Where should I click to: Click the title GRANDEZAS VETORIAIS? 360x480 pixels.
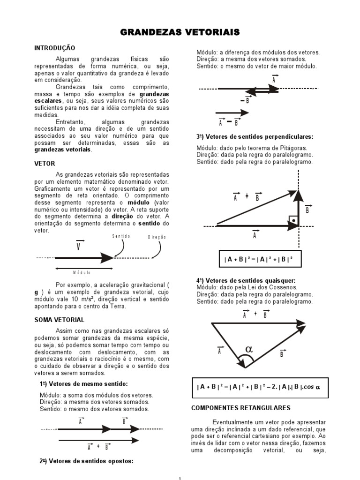click(x=180, y=32)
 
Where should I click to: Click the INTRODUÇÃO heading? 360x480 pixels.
click(x=54, y=48)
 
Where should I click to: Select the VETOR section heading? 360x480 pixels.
click(x=45, y=164)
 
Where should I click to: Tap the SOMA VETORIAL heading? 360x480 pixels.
click(x=59, y=320)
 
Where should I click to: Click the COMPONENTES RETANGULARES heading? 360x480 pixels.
click(x=241, y=408)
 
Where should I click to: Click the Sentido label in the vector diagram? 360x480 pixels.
click(x=121, y=236)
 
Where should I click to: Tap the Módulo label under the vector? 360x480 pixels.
click(x=82, y=272)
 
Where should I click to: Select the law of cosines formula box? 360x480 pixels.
click(x=260, y=387)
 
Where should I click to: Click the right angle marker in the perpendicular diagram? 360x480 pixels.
click(x=292, y=219)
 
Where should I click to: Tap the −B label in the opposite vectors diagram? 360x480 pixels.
click(x=245, y=100)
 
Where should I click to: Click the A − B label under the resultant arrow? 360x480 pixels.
click(x=229, y=122)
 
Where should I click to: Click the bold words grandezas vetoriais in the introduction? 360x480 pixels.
click(x=63, y=150)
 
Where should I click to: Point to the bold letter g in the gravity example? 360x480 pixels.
click(x=36, y=292)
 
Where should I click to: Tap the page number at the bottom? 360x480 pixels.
click(x=180, y=478)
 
